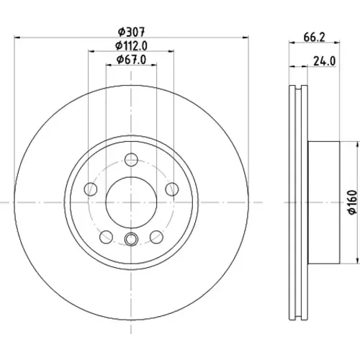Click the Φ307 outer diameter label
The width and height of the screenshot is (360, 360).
click(x=132, y=32)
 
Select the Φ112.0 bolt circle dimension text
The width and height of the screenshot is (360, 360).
click(x=131, y=46)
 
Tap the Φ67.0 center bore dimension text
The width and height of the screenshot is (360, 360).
click(x=131, y=60)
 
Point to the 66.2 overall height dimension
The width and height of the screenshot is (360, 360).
click(x=314, y=37)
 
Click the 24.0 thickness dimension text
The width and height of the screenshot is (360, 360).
click(x=324, y=61)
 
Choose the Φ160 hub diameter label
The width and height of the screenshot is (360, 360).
click(x=352, y=202)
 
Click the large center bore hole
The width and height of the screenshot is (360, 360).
click(x=131, y=202)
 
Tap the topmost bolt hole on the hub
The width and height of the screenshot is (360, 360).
click(x=131, y=159)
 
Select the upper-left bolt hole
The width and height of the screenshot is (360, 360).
click(x=91, y=189)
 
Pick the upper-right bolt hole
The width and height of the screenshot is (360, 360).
click(x=172, y=189)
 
